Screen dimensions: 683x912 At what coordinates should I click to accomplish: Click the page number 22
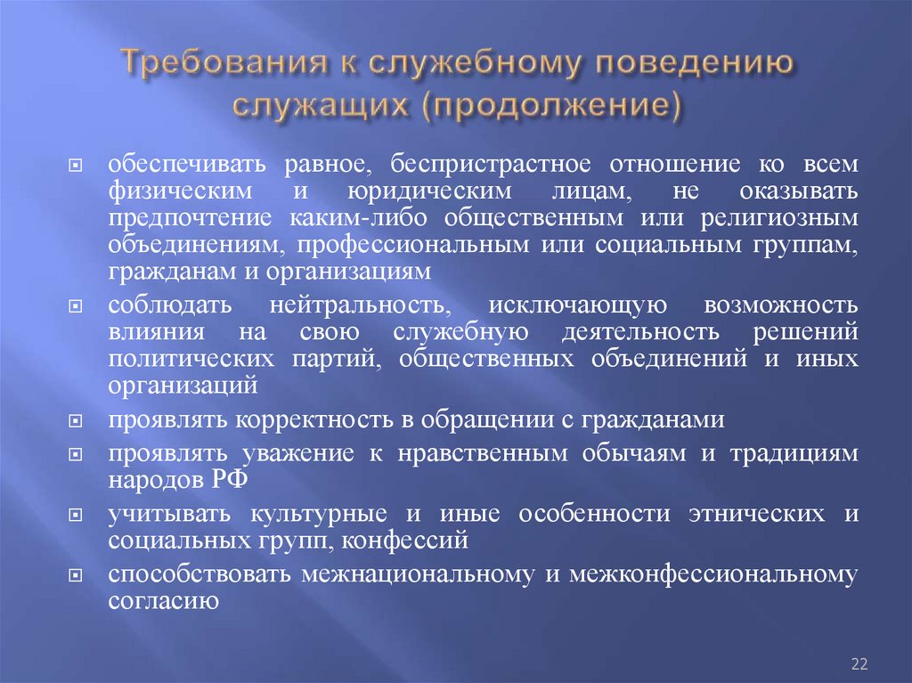[859, 663]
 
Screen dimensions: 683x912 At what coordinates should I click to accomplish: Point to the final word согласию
[164, 600]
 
